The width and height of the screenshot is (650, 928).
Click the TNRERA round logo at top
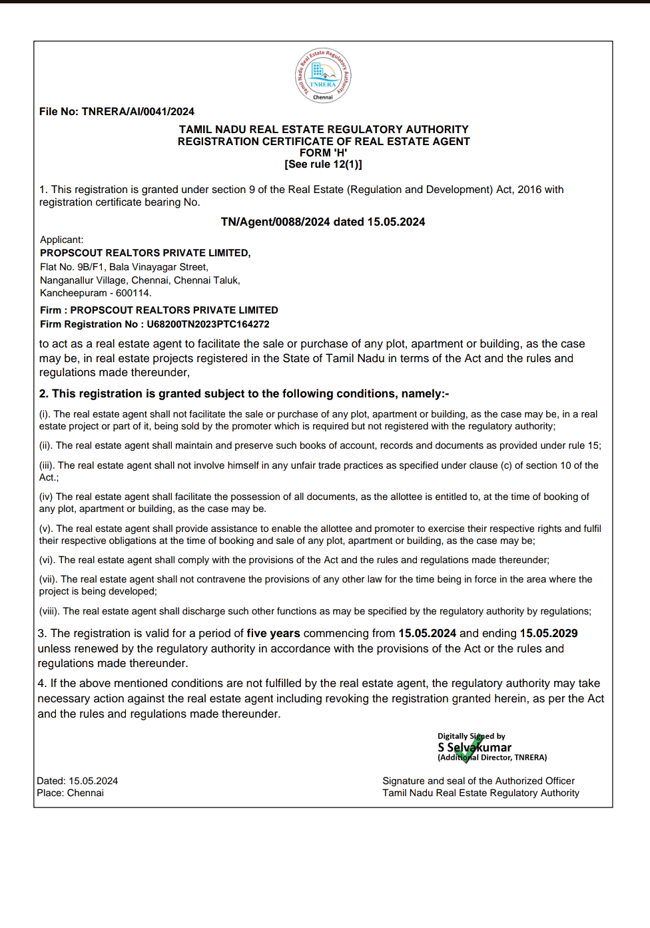coord(323,76)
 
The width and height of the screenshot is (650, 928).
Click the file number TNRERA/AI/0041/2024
coord(138,112)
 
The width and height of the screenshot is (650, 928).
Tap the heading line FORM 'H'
coord(323,152)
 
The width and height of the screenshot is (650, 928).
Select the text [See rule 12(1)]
coord(323,164)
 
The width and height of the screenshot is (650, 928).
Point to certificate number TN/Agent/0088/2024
coord(276,222)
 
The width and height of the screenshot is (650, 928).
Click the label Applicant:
coord(62,240)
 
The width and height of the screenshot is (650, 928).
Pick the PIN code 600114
coord(133,293)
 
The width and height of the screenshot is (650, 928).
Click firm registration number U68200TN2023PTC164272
coord(208,324)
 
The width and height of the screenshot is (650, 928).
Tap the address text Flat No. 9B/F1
coord(71,267)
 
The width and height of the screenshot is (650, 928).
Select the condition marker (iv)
coord(46,497)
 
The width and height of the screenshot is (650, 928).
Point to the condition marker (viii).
coord(49,611)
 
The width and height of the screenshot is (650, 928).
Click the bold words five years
coord(273,633)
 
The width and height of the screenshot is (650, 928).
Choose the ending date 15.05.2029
coord(549,633)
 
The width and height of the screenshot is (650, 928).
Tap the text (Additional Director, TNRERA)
coord(492,758)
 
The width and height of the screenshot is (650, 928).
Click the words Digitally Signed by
coord(471,736)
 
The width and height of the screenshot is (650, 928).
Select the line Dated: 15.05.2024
coord(77,781)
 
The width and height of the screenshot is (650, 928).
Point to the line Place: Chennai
coord(70,793)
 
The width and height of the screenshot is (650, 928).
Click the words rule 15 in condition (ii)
coord(585,445)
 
